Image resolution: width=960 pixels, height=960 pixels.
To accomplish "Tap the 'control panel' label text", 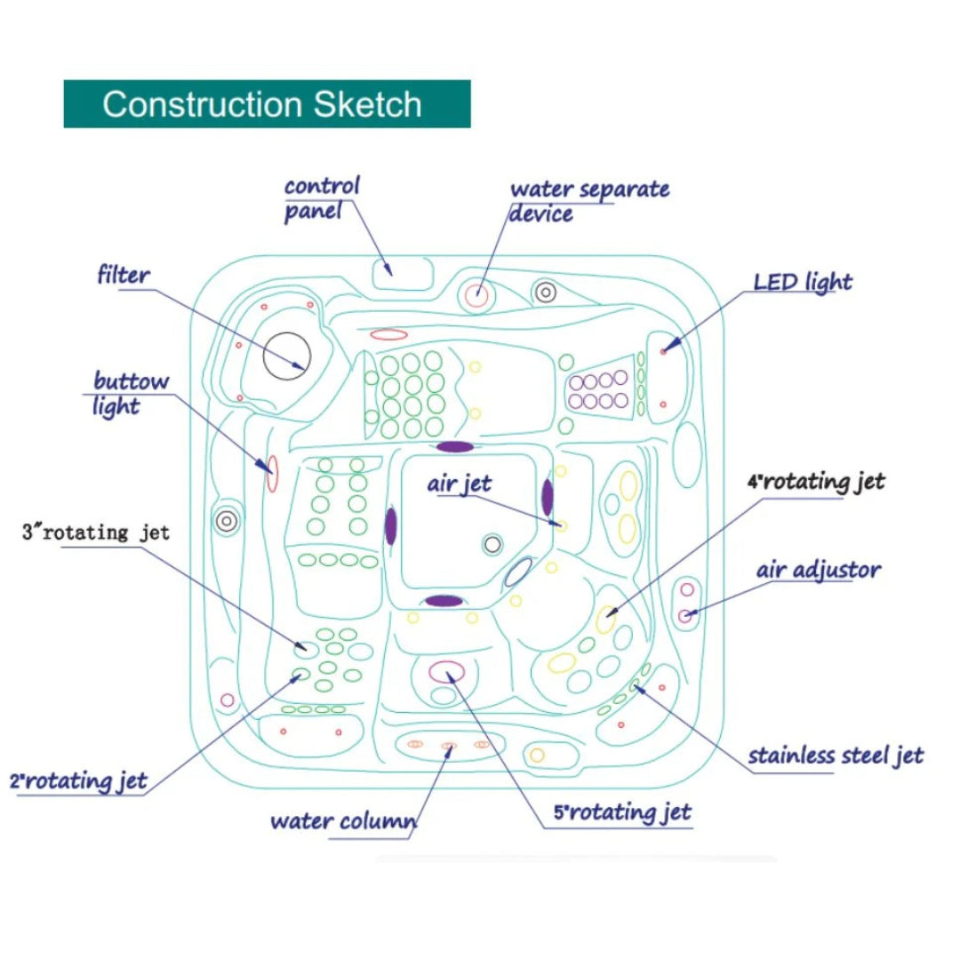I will click(x=322, y=199).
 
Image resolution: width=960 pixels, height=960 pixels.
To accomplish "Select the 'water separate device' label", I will click(x=588, y=201).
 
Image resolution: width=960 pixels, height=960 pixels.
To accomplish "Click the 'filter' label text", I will click(x=124, y=275).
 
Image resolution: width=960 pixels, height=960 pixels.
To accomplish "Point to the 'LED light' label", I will click(x=803, y=282).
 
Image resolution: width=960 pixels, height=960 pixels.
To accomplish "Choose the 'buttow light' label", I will click(x=131, y=394).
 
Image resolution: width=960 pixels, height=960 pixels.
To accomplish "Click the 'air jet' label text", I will click(x=459, y=484).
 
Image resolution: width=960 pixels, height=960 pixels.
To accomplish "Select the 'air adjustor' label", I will click(x=819, y=569).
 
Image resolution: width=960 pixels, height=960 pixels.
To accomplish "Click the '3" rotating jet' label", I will click(x=95, y=532).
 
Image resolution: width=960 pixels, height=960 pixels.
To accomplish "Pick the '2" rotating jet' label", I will click(x=78, y=781).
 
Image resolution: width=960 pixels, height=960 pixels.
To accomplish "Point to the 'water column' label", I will click(x=343, y=820).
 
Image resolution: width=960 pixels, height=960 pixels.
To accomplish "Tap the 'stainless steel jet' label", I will click(x=836, y=756).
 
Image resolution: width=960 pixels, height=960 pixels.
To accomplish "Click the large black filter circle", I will click(x=286, y=355).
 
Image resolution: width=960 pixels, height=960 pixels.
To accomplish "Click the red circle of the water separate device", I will click(x=477, y=294).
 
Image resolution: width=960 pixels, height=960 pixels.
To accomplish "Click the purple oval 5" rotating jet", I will click(x=446, y=670).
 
